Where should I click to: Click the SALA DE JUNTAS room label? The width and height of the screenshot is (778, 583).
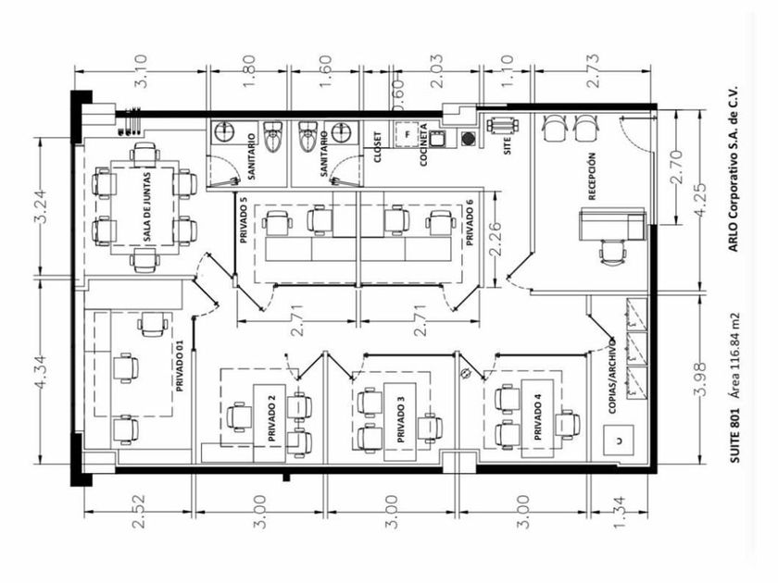(147, 208)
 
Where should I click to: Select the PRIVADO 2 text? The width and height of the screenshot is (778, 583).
(272, 419)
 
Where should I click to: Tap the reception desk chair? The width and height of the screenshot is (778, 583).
(611, 252)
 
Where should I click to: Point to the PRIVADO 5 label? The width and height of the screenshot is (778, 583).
(243, 219)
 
